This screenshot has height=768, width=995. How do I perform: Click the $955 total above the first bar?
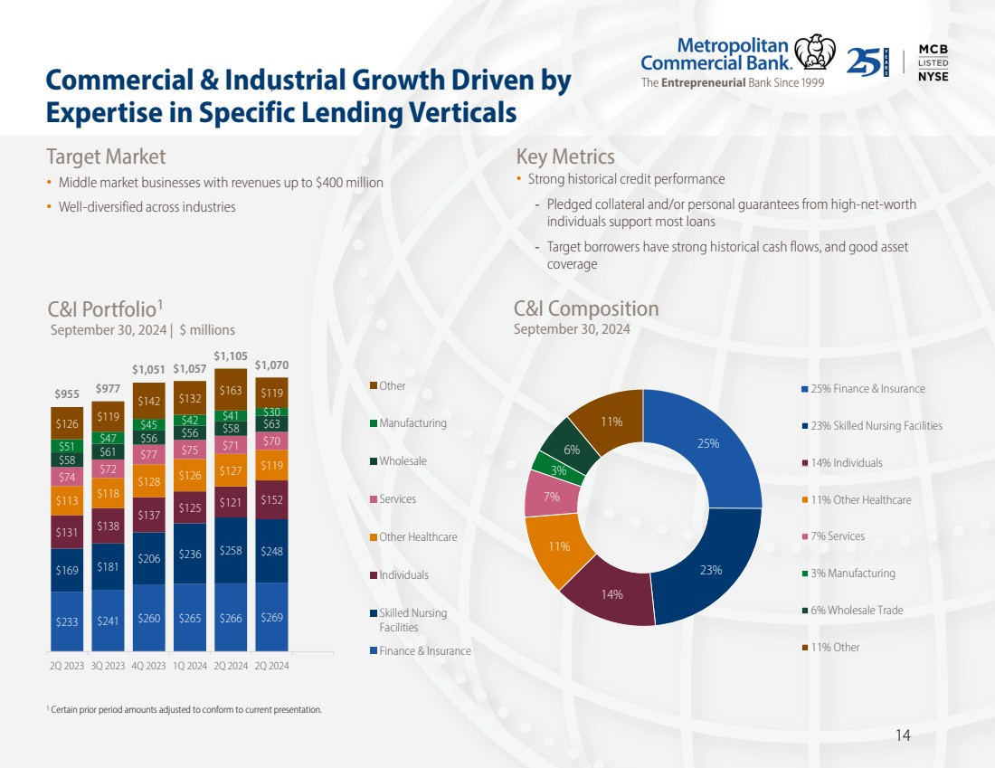[x=66, y=394]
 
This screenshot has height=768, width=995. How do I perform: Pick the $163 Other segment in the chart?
[x=230, y=391]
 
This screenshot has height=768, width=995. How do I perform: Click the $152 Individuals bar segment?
[x=271, y=499]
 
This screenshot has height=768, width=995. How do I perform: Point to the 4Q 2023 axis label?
[x=148, y=665]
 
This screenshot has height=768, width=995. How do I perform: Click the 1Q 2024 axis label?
[x=189, y=665]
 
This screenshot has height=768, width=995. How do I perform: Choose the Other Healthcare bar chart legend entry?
[x=417, y=536]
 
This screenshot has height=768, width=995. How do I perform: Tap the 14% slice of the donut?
[x=612, y=594]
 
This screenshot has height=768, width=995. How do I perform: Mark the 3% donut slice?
[x=558, y=469]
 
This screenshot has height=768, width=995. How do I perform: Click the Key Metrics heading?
[x=564, y=157]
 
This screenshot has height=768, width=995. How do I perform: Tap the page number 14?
[x=902, y=735]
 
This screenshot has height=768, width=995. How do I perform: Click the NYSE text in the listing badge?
[x=933, y=77]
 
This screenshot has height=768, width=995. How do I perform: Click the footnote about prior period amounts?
[x=185, y=709]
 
